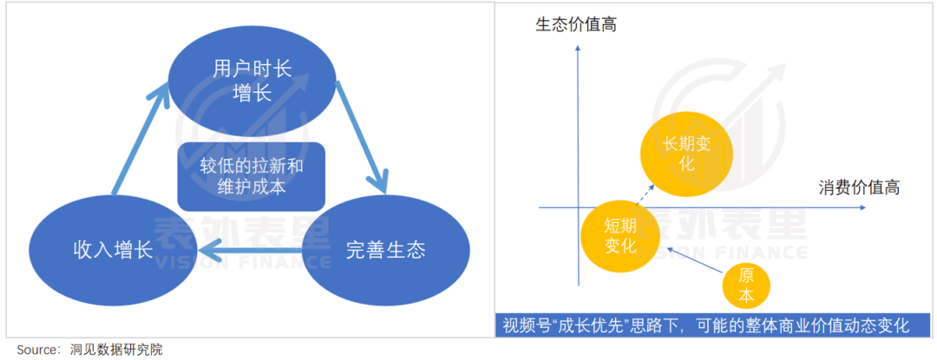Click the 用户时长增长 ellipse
(x=252, y=80)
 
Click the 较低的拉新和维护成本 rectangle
(x=252, y=176)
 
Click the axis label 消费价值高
(x=858, y=187)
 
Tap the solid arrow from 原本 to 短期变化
(x=690, y=260)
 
